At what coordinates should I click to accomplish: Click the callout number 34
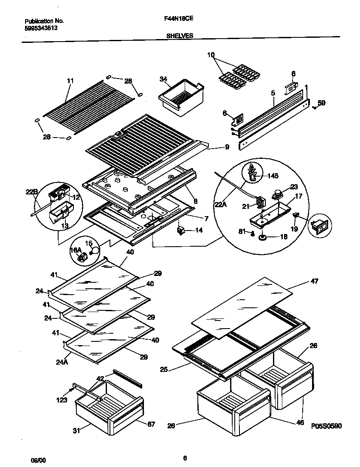click(x=163, y=79)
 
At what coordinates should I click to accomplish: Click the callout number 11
click(x=70, y=81)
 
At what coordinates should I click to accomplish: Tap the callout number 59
click(x=322, y=102)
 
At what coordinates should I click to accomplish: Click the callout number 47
click(x=314, y=281)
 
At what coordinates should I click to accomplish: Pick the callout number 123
click(x=61, y=400)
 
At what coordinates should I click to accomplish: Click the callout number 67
click(x=152, y=424)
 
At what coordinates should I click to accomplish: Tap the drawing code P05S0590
click(x=326, y=426)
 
